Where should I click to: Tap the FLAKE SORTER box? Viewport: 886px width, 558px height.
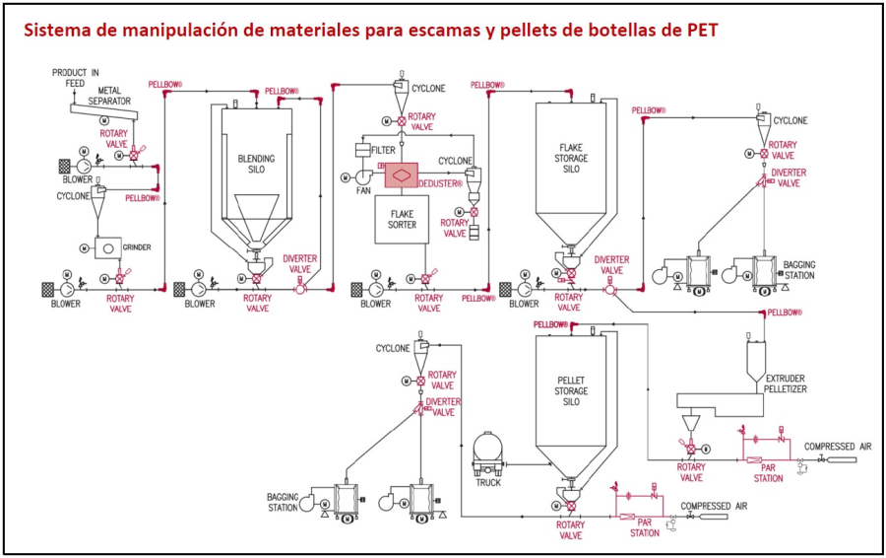click(x=403, y=219)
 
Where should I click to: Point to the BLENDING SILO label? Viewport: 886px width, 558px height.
click(x=256, y=164)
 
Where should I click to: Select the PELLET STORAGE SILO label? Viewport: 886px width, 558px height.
click(x=572, y=390)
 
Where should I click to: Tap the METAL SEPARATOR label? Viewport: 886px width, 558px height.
click(x=109, y=97)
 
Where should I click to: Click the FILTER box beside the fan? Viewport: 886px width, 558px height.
click(x=360, y=150)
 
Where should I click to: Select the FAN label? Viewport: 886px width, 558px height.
click(x=365, y=191)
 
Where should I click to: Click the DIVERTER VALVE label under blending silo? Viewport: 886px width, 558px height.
click(x=300, y=263)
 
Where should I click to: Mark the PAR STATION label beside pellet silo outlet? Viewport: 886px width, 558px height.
click(x=645, y=527)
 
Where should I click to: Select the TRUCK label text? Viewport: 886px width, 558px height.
click(x=489, y=483)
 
